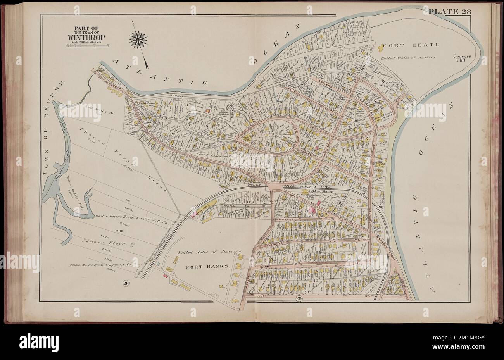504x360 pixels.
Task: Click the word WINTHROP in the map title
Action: (86, 38)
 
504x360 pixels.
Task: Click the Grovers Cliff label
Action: (462, 58)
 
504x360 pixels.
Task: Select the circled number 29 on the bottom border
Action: (298, 298)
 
